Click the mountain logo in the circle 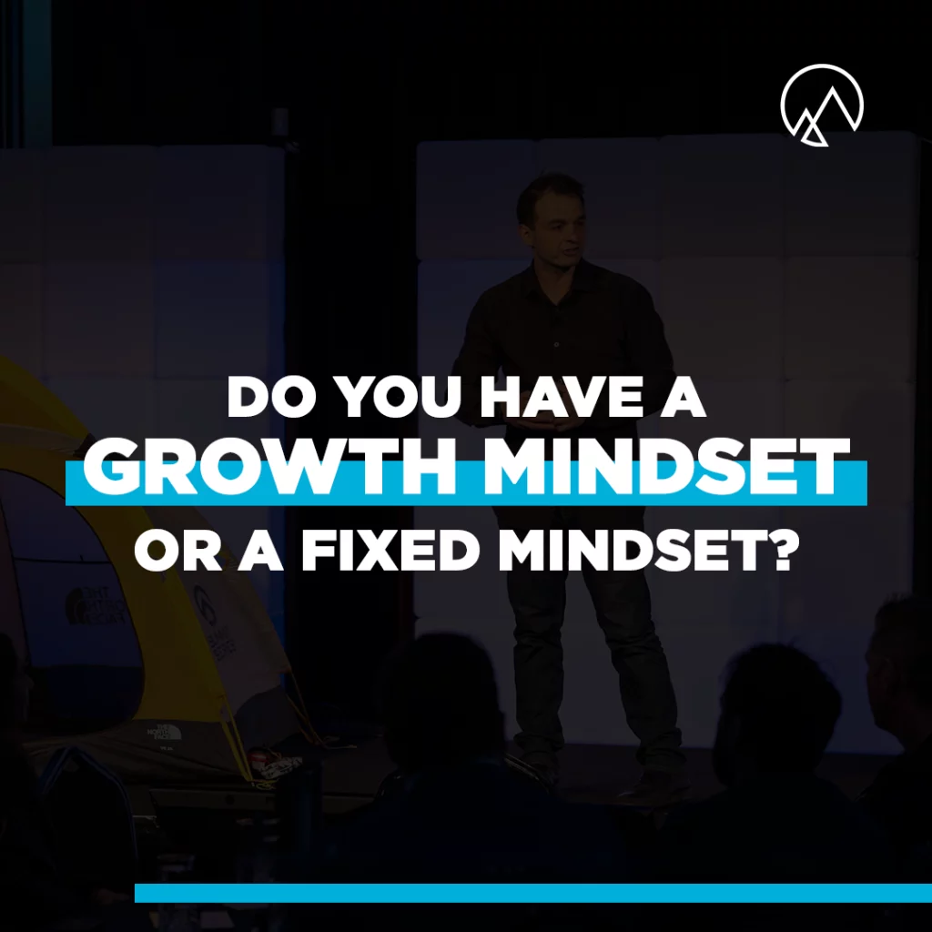[822, 105]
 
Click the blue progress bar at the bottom [533, 892]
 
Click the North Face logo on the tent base [165, 732]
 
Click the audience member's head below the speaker [443, 695]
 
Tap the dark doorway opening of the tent [66, 601]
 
